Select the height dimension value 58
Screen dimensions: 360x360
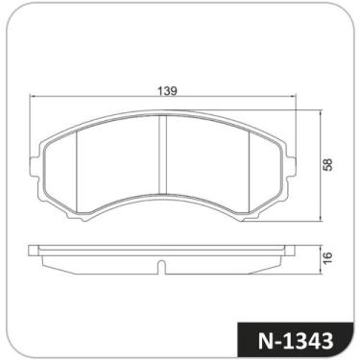(x=327, y=164)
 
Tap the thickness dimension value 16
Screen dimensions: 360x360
(x=327, y=256)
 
